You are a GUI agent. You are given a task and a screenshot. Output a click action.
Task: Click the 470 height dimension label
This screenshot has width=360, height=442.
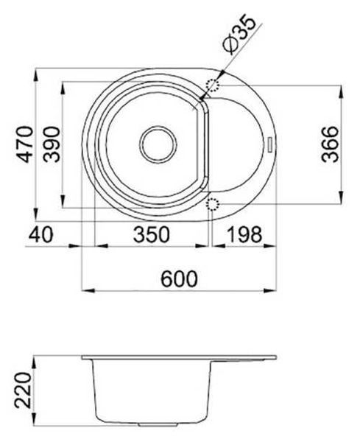(25, 144)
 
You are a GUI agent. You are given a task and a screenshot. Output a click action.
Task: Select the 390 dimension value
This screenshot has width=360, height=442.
(52, 144)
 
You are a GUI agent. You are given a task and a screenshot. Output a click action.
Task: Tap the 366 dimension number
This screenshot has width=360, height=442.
(330, 144)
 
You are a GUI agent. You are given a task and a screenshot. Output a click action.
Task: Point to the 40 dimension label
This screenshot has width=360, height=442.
(40, 234)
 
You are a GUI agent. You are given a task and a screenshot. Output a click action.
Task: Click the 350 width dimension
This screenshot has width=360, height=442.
(152, 234)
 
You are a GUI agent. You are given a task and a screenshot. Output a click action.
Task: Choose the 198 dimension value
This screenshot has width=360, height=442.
(244, 234)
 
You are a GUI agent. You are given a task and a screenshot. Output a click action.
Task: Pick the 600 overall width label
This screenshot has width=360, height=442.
(179, 278)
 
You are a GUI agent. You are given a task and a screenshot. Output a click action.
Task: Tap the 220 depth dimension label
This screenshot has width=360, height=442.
(23, 390)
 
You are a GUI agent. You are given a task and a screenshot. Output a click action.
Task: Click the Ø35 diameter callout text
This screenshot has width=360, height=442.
(239, 35)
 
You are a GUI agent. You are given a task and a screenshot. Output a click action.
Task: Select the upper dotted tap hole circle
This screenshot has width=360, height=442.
(213, 85)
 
